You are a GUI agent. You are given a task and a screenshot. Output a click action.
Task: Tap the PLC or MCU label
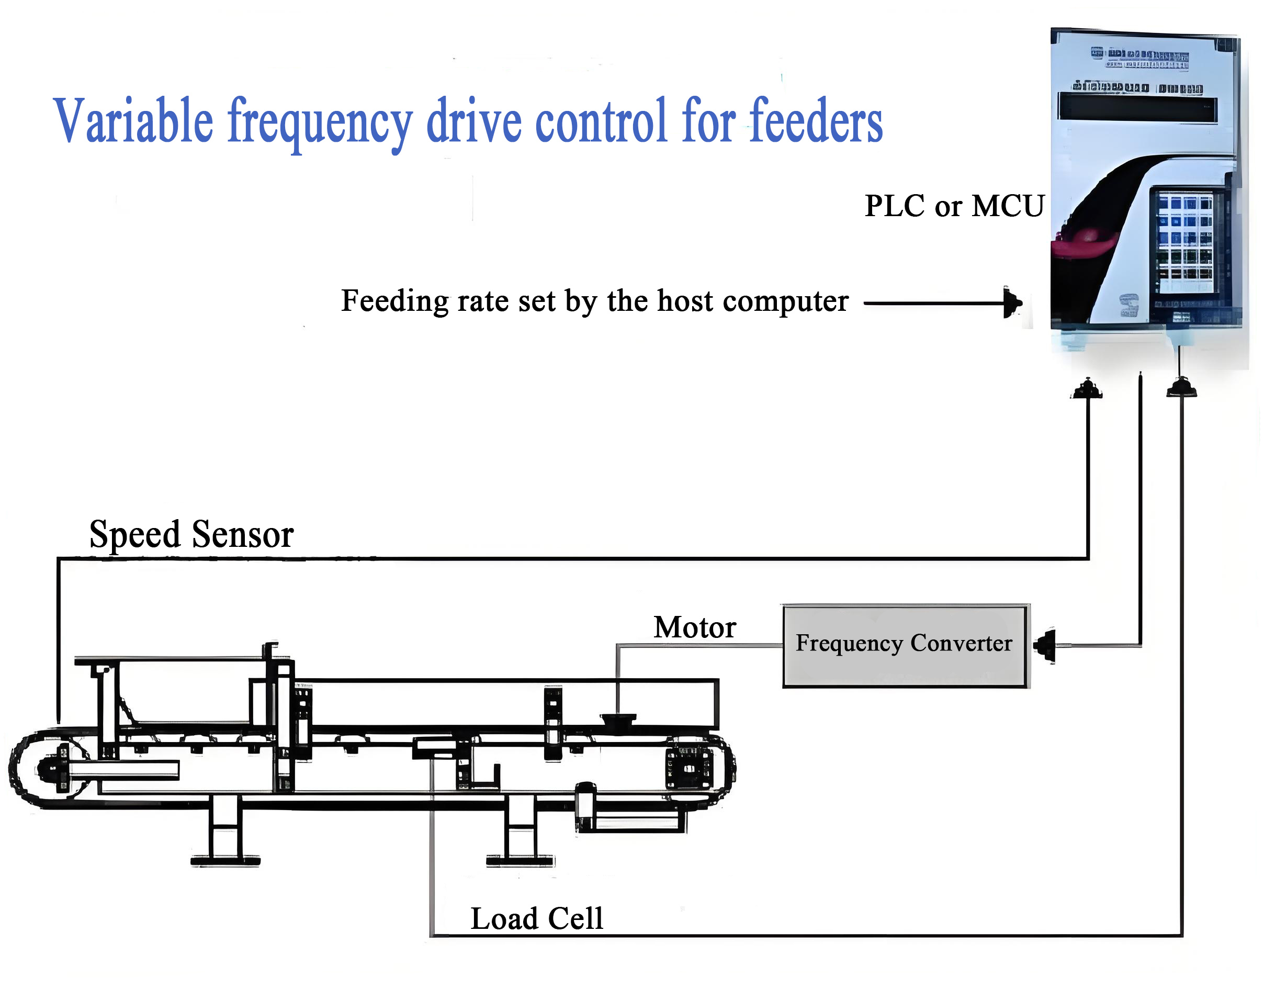point(954,206)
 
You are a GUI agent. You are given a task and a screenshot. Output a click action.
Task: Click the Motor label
point(694,627)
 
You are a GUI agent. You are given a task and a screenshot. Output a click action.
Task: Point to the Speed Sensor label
point(191,534)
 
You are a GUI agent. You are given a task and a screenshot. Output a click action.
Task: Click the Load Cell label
point(536,918)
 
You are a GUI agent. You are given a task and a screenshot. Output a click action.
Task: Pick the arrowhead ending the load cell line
point(1181,388)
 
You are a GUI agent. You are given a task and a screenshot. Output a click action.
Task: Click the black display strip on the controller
point(1137,108)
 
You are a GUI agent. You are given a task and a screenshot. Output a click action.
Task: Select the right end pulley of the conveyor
point(689,769)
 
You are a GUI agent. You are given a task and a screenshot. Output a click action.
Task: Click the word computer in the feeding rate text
point(785,302)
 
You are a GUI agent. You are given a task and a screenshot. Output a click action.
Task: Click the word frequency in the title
point(320,122)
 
